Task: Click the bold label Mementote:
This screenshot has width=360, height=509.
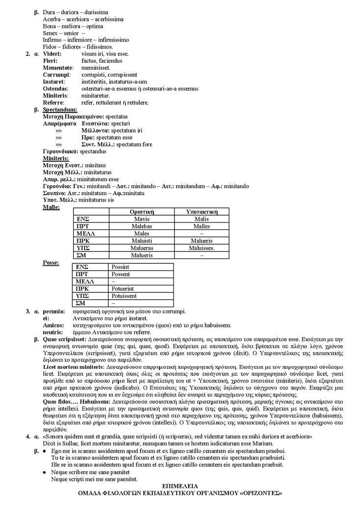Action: tap(58, 67)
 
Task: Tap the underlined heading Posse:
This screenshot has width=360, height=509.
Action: tap(51, 263)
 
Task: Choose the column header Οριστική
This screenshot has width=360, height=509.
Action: tap(142, 212)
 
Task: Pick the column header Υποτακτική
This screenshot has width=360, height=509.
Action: tap(201, 212)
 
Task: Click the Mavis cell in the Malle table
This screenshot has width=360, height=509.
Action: tap(142, 219)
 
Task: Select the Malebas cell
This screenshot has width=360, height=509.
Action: tap(142, 226)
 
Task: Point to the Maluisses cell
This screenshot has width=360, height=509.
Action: tap(201, 249)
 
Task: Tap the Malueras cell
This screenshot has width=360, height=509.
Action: tap(142, 249)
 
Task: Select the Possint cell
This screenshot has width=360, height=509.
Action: tap(120, 267)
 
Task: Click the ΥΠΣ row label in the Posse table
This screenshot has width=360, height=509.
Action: tap(82, 296)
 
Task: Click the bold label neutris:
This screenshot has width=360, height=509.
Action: tap(53, 332)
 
